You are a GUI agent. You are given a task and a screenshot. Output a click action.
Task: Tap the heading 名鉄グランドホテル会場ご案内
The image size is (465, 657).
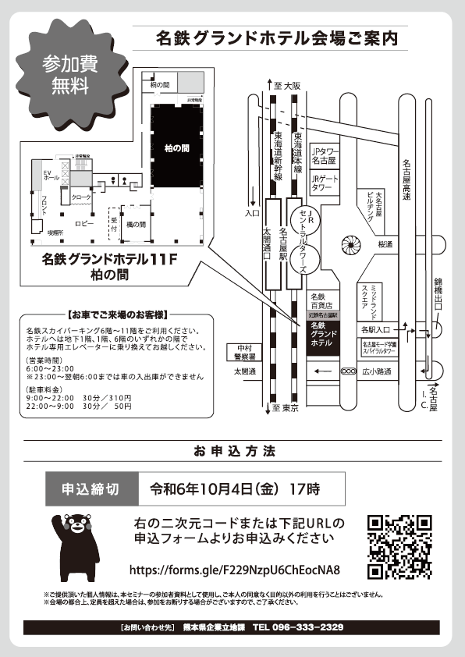click(277, 37)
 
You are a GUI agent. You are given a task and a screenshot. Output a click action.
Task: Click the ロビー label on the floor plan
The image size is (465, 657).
click(84, 224)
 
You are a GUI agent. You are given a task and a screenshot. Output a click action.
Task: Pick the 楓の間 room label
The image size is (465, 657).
click(136, 225)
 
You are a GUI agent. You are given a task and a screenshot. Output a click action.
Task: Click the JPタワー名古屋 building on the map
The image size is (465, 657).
click(323, 154)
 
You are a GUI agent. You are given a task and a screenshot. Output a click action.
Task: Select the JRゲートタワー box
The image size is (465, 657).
click(323, 183)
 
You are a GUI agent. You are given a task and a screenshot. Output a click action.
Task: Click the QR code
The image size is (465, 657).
click(399, 547)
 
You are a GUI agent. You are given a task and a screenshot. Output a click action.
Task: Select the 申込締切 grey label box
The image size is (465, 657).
click(90, 490)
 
